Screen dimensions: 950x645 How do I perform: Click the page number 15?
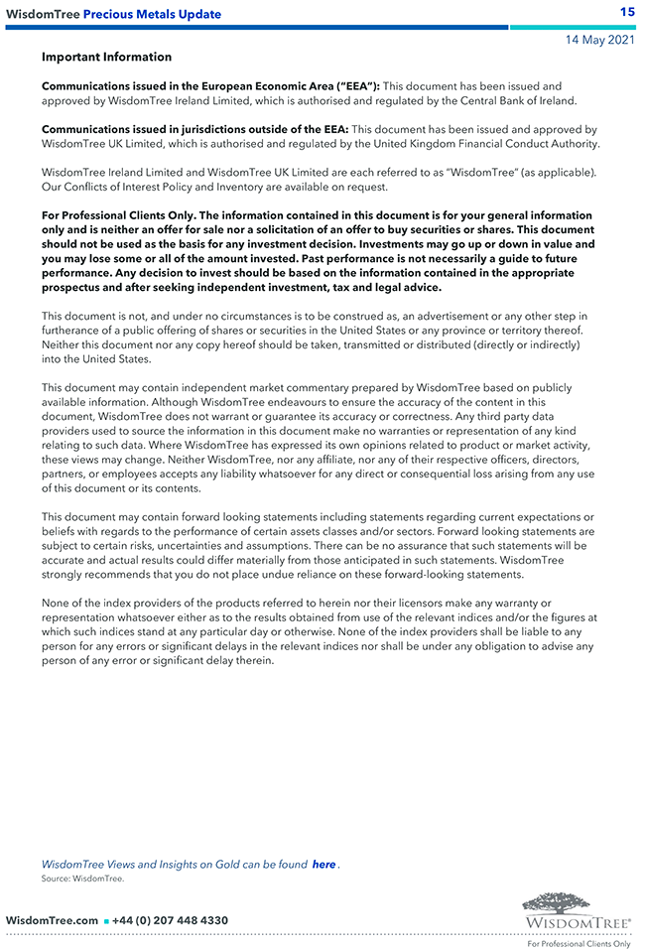tap(627, 12)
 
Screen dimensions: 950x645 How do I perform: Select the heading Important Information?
tap(106, 58)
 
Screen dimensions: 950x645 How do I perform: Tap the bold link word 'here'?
tap(323, 865)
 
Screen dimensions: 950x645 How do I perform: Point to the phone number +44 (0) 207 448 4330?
tap(170, 921)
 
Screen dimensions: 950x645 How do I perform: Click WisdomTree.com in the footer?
tap(52, 921)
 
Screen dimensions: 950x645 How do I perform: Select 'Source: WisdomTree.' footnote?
tap(82, 879)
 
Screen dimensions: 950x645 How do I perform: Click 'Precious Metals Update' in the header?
tap(152, 14)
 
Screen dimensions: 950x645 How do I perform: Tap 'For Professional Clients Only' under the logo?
tap(579, 944)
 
